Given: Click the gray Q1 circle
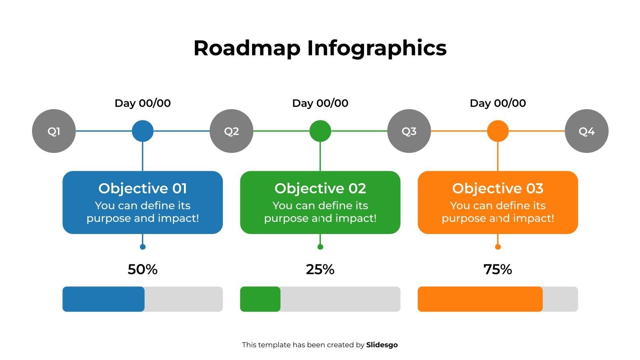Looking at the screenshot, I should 54,131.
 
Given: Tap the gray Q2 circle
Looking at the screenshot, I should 231,131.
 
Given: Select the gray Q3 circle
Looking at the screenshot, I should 409,131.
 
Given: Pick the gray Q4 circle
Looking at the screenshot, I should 586,131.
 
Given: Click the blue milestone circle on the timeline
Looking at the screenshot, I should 143,131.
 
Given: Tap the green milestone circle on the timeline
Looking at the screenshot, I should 320,131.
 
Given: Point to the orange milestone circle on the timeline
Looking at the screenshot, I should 498,131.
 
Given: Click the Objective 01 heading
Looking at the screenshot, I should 143,188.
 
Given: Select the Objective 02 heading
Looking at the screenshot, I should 320,188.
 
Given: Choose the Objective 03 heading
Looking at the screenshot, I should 498,188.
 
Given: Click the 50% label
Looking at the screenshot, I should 143,270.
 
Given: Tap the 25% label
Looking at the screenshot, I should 320,270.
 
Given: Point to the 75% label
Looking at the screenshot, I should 498,270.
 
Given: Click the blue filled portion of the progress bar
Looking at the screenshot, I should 103,299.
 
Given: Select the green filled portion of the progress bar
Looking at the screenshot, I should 260,299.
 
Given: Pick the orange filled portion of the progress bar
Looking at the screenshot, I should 480,299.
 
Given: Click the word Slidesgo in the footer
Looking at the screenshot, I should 382,345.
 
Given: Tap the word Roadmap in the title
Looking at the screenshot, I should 247,48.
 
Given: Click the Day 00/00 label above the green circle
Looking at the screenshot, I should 320,103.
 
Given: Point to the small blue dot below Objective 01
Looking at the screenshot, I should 143,247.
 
